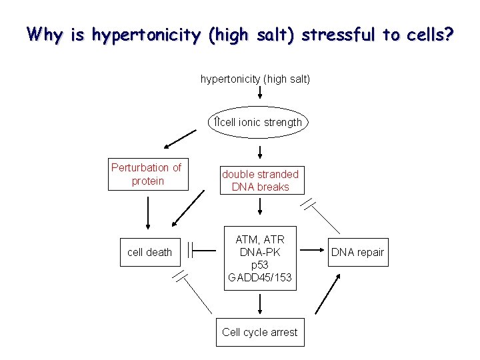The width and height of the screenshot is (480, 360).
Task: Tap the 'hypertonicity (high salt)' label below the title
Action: tap(255, 79)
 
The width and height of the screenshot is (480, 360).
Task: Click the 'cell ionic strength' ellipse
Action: tap(259, 122)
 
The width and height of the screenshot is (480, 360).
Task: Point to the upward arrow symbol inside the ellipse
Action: tap(216, 122)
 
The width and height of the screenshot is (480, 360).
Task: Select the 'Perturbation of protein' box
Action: tap(146, 174)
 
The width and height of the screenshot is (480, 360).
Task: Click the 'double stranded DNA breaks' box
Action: tap(260, 181)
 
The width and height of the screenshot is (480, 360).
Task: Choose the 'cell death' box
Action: tap(149, 252)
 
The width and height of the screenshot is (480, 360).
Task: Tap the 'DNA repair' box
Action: tap(357, 252)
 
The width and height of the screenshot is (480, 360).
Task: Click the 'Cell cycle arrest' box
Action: tap(260, 332)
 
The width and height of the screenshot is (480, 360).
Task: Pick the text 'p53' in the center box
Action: tap(259, 265)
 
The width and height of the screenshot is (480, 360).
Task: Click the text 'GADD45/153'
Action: tap(259, 277)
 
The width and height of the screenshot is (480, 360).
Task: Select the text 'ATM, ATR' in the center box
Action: tap(259, 239)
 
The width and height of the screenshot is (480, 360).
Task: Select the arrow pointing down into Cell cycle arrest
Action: tap(259, 304)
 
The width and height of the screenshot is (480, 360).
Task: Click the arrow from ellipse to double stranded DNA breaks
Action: tap(259, 151)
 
